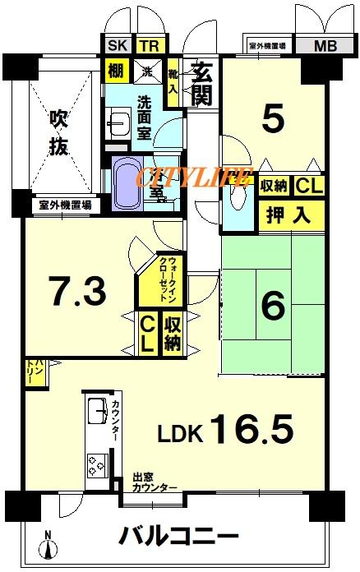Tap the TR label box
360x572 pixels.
click(148, 47)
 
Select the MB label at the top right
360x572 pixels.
click(325, 47)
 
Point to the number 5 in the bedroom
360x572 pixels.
click(273, 120)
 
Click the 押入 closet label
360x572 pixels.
click(288, 216)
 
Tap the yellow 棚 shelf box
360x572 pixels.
click(116, 71)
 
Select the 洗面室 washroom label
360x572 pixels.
click(144, 117)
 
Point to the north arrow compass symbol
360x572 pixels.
click(47, 546)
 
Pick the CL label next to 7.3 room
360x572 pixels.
click(146, 334)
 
